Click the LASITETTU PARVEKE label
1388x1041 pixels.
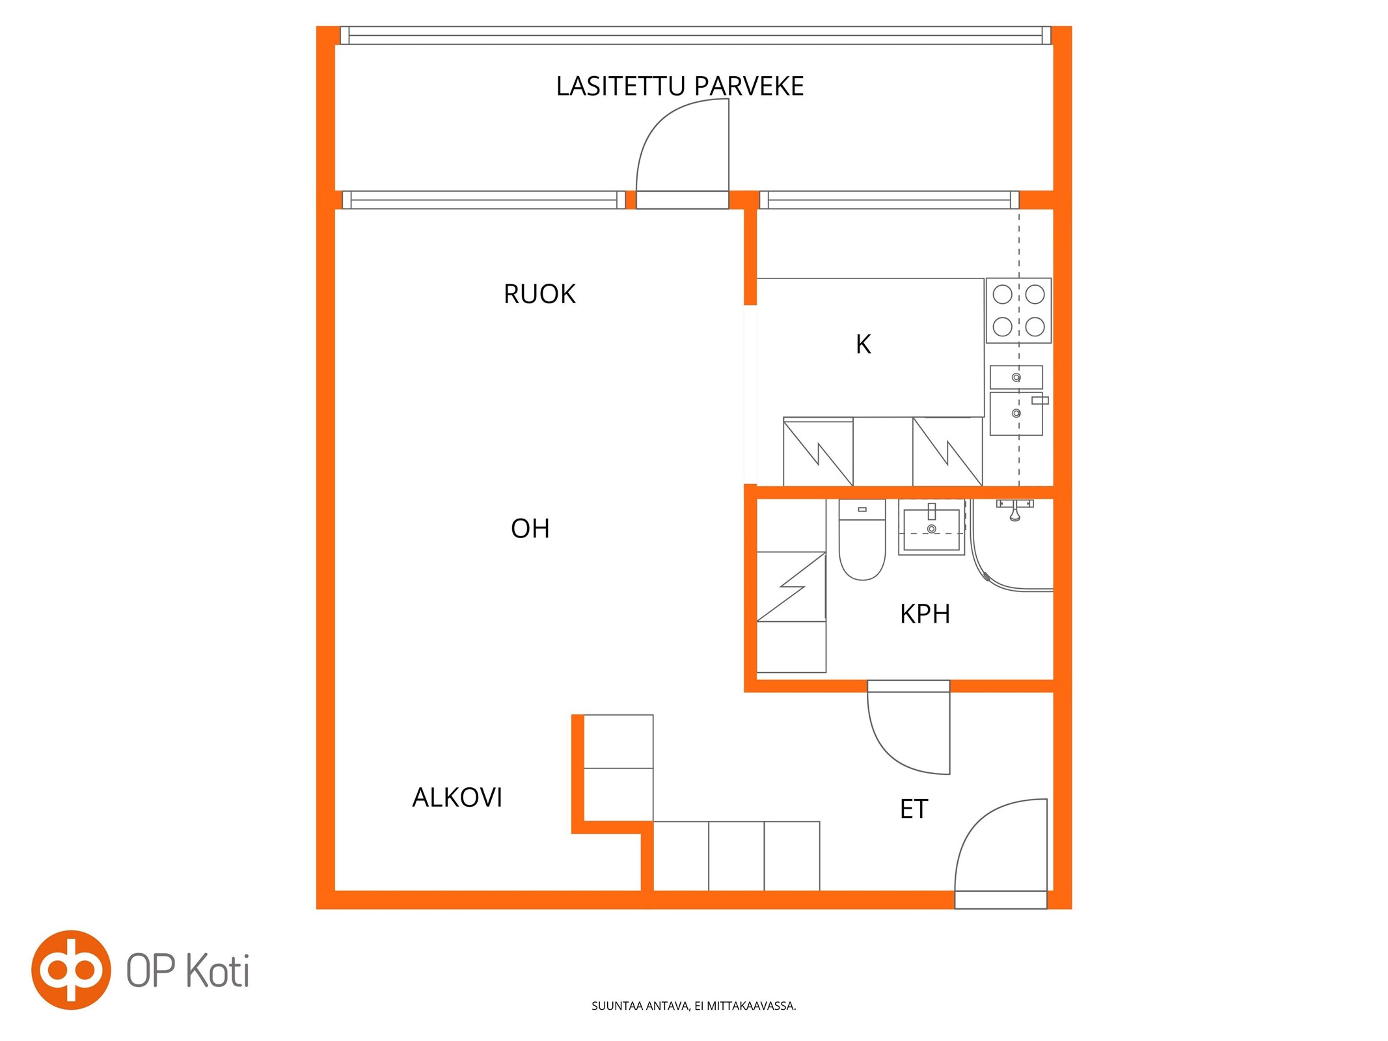(x=679, y=87)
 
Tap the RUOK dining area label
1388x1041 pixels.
(x=539, y=294)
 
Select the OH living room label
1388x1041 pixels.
(x=530, y=529)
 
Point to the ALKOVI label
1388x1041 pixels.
(x=457, y=798)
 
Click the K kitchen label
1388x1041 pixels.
(x=863, y=344)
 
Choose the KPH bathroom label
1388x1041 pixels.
(x=925, y=614)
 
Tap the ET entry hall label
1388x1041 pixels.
(x=914, y=809)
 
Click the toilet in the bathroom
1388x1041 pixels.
(x=862, y=539)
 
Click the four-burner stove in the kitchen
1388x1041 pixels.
(x=1018, y=310)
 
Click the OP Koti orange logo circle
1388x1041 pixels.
(x=71, y=970)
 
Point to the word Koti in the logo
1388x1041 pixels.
(x=218, y=971)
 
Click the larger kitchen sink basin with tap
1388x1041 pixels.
(x=1016, y=413)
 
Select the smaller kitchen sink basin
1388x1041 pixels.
(x=1016, y=377)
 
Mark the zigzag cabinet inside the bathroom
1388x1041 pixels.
(x=791, y=586)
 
